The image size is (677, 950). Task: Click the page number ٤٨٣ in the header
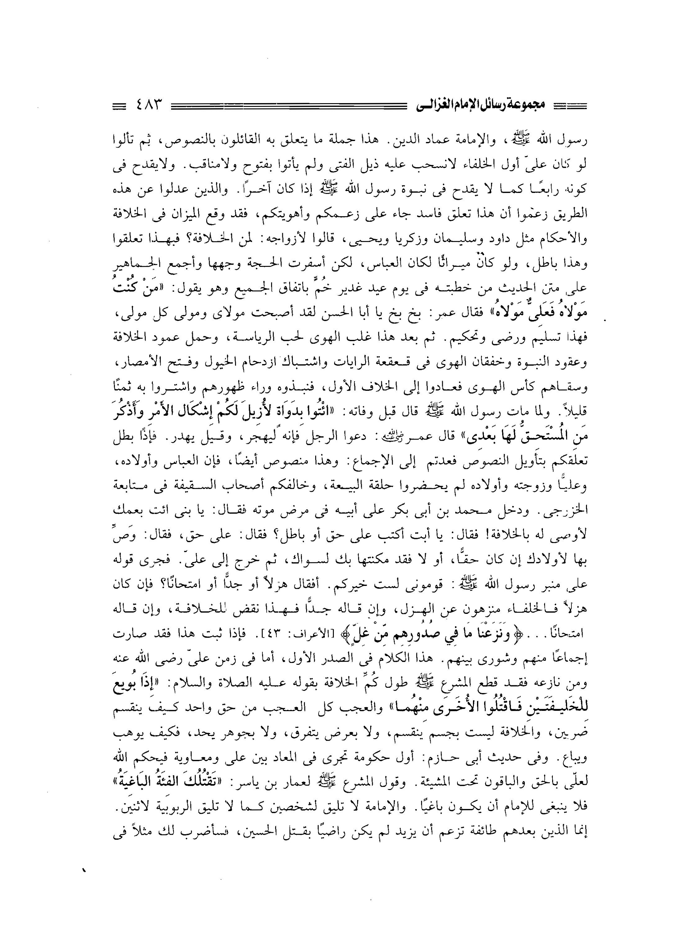[x=148, y=103]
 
